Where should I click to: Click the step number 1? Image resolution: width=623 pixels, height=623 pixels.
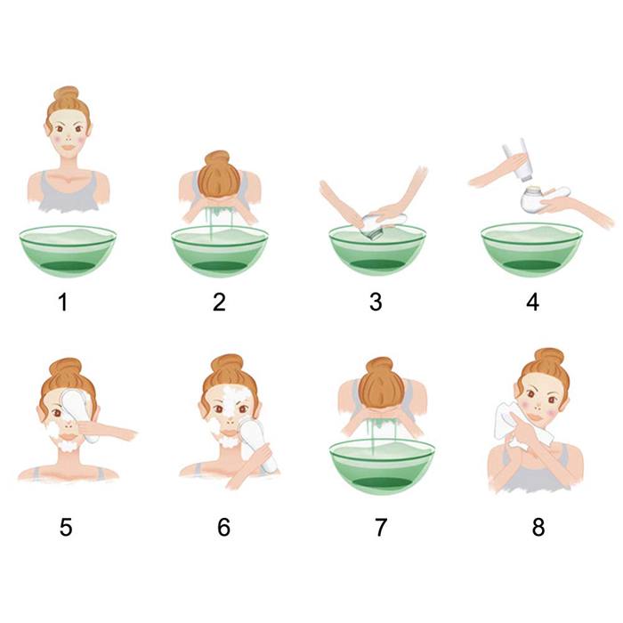(63, 302)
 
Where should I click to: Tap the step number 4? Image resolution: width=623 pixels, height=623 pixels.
(532, 302)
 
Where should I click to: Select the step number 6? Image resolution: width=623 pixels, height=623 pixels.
(223, 527)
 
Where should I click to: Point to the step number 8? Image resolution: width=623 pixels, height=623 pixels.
(538, 527)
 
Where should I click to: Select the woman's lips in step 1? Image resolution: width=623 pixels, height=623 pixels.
(69, 148)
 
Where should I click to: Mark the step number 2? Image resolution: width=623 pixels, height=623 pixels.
(219, 302)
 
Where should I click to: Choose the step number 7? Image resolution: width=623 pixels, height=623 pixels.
(381, 527)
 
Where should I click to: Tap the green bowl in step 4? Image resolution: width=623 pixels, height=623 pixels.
(531, 249)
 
